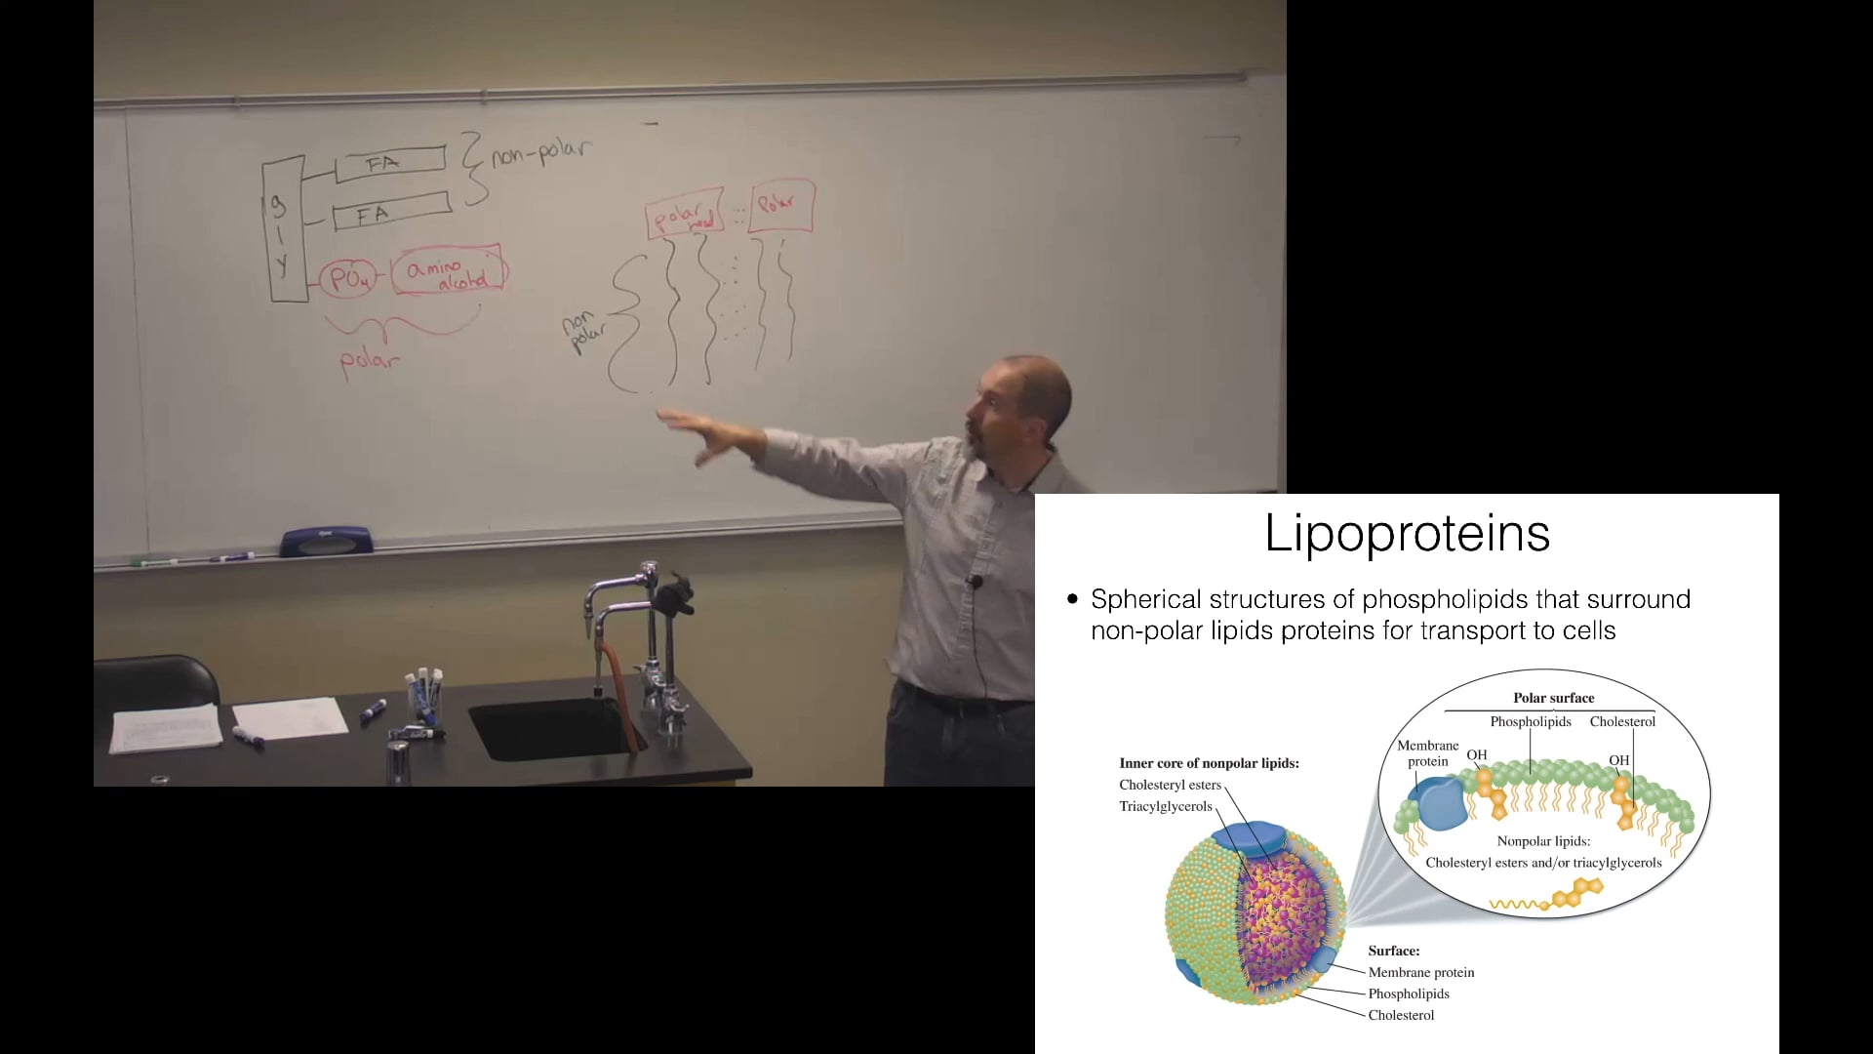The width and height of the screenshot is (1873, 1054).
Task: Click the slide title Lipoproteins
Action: (x=1407, y=534)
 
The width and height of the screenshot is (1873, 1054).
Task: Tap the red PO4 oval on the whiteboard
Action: (x=348, y=279)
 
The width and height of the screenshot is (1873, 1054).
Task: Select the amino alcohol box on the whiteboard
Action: (x=448, y=269)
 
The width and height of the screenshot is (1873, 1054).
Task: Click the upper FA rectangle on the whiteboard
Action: (x=390, y=163)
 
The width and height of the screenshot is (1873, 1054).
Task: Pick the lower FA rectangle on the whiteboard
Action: (x=391, y=213)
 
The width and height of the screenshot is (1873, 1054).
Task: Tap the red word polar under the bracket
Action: (x=369, y=361)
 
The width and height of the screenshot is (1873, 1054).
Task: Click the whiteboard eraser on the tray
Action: (x=326, y=541)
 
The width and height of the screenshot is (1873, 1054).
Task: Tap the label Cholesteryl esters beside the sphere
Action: (x=1170, y=785)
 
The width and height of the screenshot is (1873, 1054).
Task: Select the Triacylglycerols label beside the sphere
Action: (x=1165, y=806)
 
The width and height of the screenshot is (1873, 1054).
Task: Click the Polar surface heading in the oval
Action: (x=1553, y=698)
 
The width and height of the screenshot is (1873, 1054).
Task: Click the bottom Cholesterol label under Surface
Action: (x=1401, y=1015)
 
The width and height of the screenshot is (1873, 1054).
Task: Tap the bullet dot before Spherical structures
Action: (x=1073, y=599)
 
